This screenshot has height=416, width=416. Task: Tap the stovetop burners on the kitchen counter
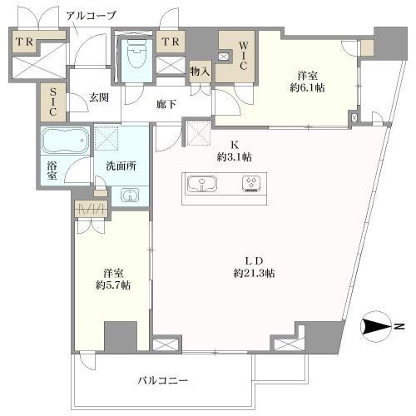tap(250, 183)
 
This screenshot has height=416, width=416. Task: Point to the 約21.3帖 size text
tap(255, 272)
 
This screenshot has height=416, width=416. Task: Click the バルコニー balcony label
tap(162, 380)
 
